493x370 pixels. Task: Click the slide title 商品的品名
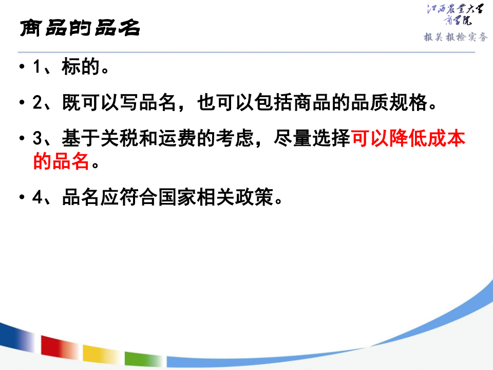(x=80, y=28)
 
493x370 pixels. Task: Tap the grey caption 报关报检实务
(x=456, y=37)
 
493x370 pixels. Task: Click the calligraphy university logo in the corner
(x=456, y=14)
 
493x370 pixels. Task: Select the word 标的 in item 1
(x=81, y=66)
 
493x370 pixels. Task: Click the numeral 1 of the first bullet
(x=37, y=67)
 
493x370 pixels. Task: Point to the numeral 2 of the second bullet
(x=37, y=103)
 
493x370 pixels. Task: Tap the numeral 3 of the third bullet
(x=37, y=138)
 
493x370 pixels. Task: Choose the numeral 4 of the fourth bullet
(x=37, y=197)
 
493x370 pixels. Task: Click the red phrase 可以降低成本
(x=408, y=138)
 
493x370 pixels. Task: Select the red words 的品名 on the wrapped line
(x=61, y=161)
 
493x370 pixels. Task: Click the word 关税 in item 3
(x=119, y=138)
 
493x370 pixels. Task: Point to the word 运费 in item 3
(x=177, y=138)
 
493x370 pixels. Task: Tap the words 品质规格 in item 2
(x=389, y=103)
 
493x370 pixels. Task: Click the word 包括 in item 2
(x=274, y=103)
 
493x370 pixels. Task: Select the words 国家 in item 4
(x=177, y=197)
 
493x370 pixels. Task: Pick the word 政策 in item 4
(x=254, y=197)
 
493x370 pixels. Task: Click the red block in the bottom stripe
(x=59, y=347)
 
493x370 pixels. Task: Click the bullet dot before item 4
(x=22, y=197)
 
